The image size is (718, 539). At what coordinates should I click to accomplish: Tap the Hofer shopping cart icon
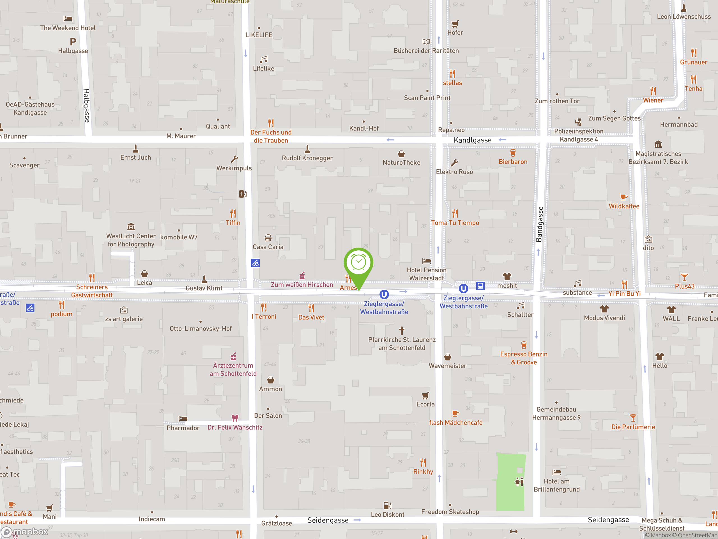click(455, 23)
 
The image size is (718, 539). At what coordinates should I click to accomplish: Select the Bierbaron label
click(513, 162)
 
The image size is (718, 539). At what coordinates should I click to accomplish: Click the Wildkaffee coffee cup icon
click(623, 197)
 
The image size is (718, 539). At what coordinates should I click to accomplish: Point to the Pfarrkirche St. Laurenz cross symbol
click(402, 330)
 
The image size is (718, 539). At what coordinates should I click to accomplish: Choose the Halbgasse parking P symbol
click(73, 42)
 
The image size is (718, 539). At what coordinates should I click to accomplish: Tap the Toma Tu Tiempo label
click(455, 223)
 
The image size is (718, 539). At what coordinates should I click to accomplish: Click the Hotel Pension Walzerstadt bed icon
click(427, 261)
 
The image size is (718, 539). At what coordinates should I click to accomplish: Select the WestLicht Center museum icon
click(131, 227)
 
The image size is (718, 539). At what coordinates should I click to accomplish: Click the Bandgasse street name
click(539, 224)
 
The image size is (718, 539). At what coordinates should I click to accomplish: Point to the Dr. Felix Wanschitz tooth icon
click(235, 418)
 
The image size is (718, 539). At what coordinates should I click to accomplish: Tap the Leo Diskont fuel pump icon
click(388, 506)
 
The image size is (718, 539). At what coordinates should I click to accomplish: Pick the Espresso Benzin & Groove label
click(524, 358)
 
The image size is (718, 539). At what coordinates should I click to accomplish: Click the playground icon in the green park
click(519, 481)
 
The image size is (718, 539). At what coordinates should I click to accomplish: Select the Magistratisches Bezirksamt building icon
click(658, 144)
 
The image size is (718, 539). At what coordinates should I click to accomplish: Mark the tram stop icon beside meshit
click(480, 286)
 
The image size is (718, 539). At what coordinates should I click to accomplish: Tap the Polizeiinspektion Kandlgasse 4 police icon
click(578, 122)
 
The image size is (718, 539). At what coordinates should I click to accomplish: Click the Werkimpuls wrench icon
click(234, 159)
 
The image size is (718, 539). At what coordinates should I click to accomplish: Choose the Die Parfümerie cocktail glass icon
click(633, 418)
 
